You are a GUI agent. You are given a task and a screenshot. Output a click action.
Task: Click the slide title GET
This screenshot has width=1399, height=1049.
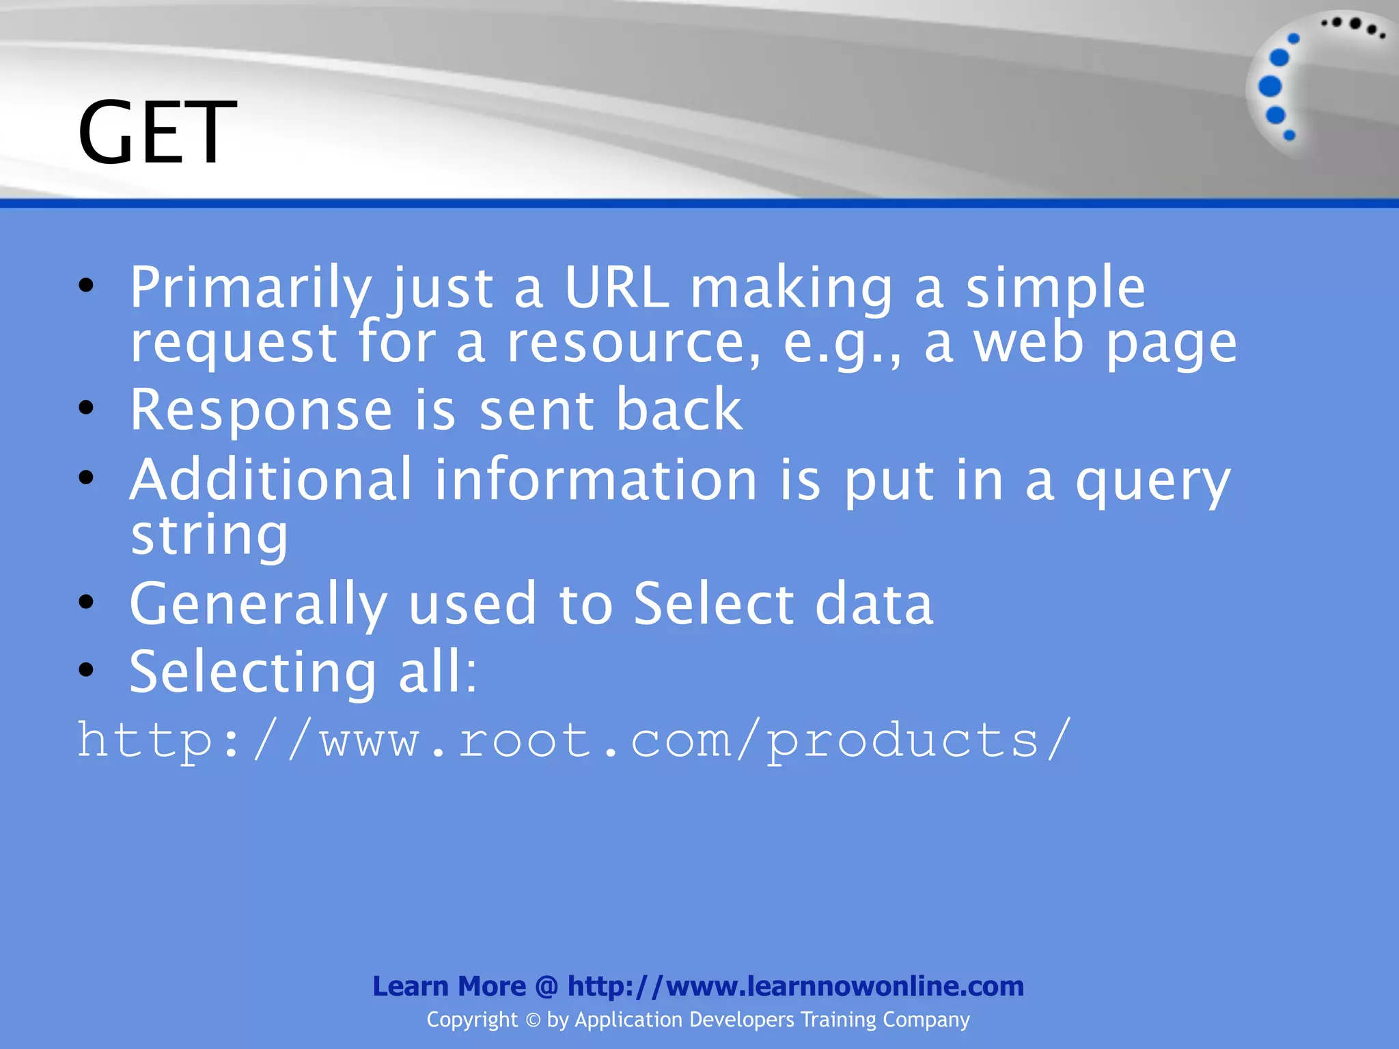pyautogui.click(x=156, y=132)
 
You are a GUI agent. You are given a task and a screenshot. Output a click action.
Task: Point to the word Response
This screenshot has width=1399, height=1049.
pyautogui.click(x=261, y=410)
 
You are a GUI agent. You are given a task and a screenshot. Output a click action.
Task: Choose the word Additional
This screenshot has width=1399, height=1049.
pyautogui.click(x=271, y=480)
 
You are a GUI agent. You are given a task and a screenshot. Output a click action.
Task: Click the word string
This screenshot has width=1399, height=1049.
pyautogui.click(x=210, y=537)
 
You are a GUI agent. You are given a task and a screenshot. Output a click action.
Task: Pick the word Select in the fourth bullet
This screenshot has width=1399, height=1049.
pyautogui.click(x=714, y=604)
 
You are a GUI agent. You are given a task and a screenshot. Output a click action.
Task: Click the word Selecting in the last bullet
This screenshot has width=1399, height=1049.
pyautogui.click(x=253, y=673)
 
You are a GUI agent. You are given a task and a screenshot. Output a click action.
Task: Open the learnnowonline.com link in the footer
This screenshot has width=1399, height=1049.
pyautogui.click(x=796, y=986)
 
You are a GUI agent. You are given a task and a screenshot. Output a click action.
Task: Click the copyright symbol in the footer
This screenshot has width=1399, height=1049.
pyautogui.click(x=533, y=1020)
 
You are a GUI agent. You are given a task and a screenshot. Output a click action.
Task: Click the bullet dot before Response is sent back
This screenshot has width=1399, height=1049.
pyautogui.click(x=86, y=408)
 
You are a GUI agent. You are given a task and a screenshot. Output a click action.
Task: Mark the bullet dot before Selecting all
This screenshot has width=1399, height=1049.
pyautogui.click(x=86, y=670)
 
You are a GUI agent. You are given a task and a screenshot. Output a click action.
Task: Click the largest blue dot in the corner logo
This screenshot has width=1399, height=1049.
pyautogui.click(x=1270, y=86)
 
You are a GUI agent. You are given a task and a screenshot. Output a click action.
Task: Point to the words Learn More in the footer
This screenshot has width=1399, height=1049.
pyautogui.click(x=449, y=986)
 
